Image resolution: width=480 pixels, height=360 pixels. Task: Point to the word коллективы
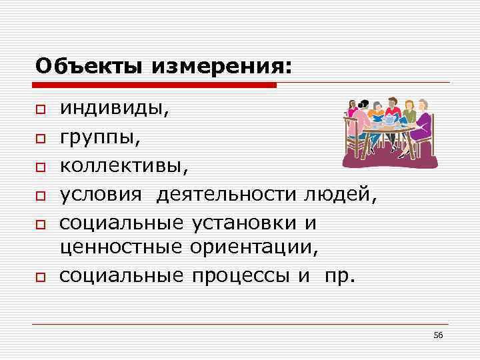coord(124,165)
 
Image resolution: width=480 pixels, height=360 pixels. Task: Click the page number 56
coord(438,334)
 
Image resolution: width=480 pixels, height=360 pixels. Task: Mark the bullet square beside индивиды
coord(41,109)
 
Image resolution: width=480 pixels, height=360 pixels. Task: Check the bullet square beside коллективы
coord(41,167)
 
